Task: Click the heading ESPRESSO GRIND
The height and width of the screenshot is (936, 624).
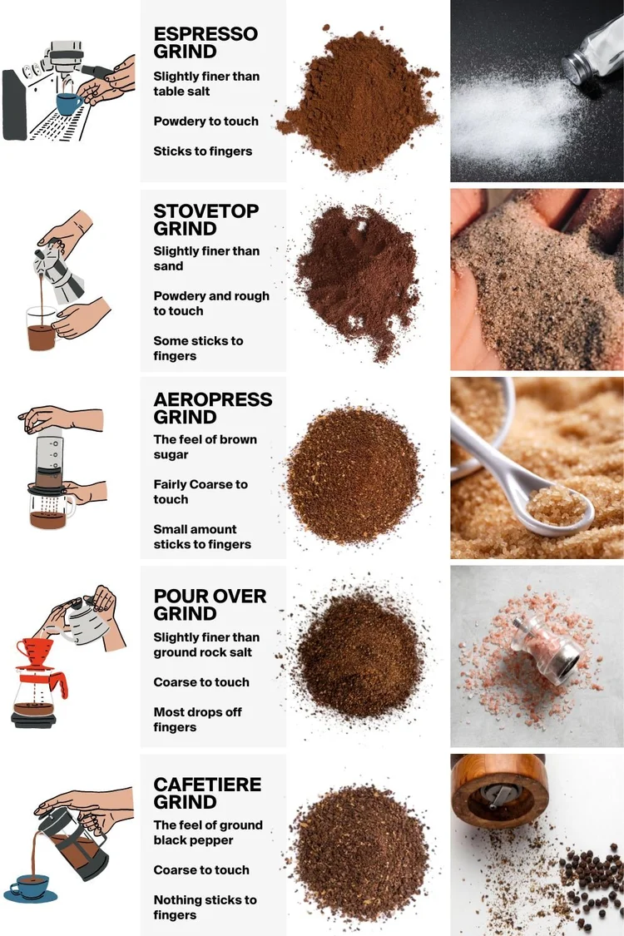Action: click(206, 42)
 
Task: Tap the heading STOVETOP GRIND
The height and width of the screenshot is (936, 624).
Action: click(206, 220)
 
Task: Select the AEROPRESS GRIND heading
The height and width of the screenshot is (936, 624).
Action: click(213, 409)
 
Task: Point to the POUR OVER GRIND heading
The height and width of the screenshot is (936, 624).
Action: click(210, 605)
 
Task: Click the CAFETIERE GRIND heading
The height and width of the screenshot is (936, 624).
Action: click(207, 794)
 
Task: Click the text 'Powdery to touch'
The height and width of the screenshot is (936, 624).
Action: click(206, 121)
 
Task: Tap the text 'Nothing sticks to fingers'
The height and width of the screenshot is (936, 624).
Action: click(205, 908)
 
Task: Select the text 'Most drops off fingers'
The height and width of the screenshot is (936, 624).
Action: click(198, 720)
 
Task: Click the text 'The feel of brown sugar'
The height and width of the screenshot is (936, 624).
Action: click(205, 447)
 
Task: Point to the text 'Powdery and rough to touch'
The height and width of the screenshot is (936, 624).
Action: click(211, 303)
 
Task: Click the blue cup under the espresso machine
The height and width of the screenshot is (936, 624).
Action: click(70, 103)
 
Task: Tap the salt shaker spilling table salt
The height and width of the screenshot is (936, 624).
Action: click(594, 52)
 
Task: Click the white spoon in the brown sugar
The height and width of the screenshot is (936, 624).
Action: click(519, 472)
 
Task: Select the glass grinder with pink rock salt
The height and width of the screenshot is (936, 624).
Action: click(545, 654)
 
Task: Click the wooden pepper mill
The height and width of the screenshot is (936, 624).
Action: click(499, 790)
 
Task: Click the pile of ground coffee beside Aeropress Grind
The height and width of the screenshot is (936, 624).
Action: click(354, 475)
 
